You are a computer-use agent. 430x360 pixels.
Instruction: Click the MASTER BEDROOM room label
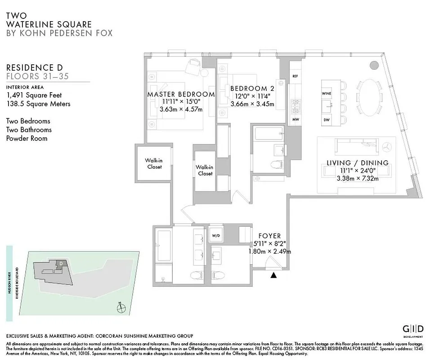click(x=181, y=94)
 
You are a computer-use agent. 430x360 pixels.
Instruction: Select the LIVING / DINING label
click(x=357, y=163)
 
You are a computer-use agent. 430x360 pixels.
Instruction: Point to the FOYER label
click(x=269, y=236)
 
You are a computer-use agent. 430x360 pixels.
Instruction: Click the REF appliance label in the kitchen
click(x=295, y=76)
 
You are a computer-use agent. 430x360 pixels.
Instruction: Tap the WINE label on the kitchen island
click(x=326, y=93)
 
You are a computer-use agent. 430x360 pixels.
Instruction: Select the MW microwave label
click(x=295, y=119)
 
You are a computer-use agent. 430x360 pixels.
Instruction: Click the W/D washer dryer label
click(x=216, y=236)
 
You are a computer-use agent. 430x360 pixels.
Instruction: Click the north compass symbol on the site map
click(x=120, y=308)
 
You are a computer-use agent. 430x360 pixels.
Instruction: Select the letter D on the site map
click(x=61, y=263)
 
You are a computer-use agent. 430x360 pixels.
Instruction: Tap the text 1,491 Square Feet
click(x=34, y=95)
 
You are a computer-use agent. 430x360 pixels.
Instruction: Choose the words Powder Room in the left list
click(x=27, y=138)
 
